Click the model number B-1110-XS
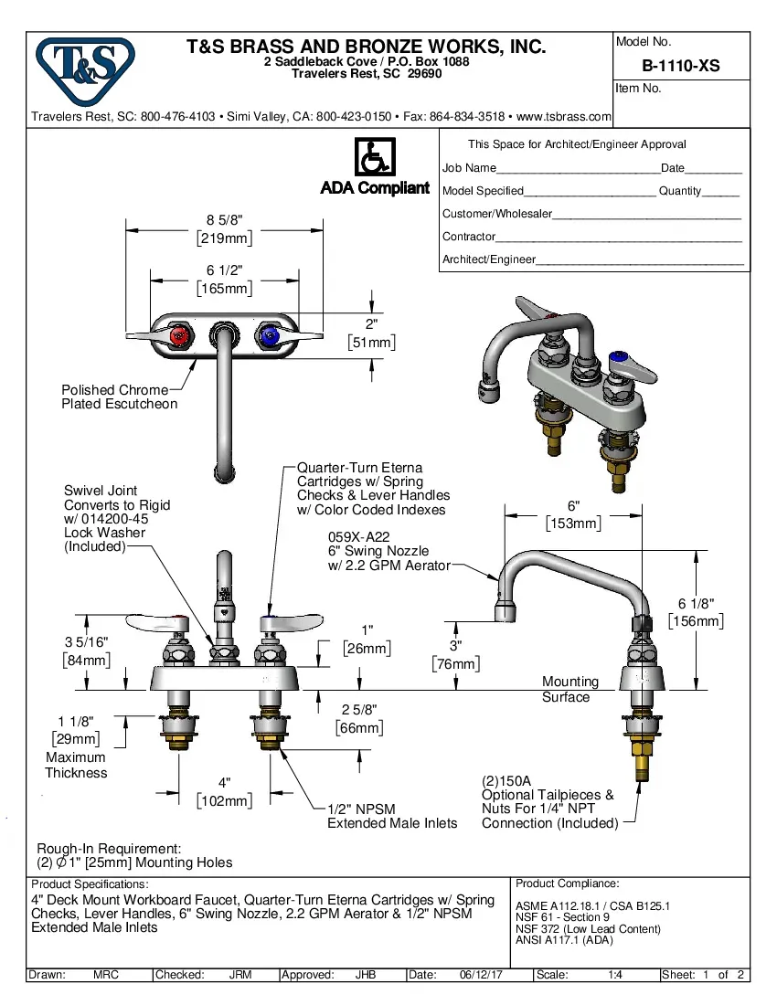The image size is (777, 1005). (x=680, y=66)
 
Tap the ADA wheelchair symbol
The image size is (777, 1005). (x=374, y=157)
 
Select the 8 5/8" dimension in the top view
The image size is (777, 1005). (x=224, y=219)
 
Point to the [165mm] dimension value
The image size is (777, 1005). (x=224, y=288)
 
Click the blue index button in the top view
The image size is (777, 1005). (x=269, y=337)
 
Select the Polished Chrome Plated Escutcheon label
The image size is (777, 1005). (x=119, y=397)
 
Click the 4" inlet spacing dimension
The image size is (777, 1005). (x=224, y=783)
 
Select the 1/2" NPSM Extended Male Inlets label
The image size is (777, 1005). (x=392, y=816)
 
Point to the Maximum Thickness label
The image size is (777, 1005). (x=76, y=765)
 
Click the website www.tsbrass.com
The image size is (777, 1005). (x=564, y=117)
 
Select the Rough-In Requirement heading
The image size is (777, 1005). (x=109, y=849)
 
